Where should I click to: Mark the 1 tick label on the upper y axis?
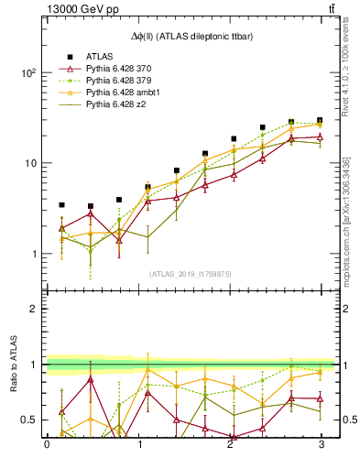pos(33,254)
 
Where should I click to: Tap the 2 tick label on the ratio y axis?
pos(33,309)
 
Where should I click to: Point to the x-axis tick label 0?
pos(47,446)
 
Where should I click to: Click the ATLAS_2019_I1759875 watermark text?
pos(191,273)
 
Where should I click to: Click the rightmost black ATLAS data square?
pos(320,120)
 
